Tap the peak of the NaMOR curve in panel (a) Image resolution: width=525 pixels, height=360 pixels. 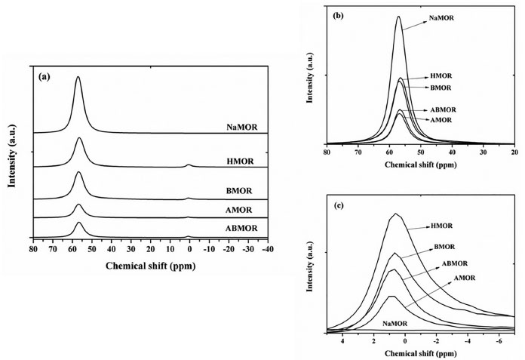click(78, 77)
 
